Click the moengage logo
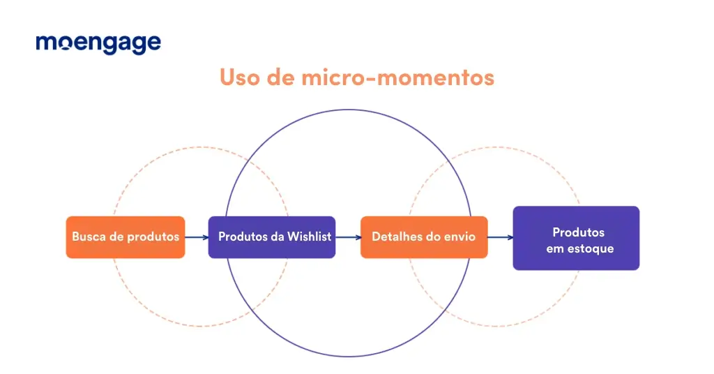point(98,44)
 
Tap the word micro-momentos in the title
point(397,77)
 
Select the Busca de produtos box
point(126,237)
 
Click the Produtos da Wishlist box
point(272,237)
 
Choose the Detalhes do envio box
point(424,237)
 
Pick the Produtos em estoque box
point(576,238)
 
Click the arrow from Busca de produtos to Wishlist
point(197,237)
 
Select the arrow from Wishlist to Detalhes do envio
point(348,237)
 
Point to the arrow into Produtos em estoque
point(500,237)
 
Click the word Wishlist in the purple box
point(309,237)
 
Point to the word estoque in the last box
point(591,248)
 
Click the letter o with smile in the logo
point(65,44)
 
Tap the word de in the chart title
point(280,77)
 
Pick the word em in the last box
point(555,249)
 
